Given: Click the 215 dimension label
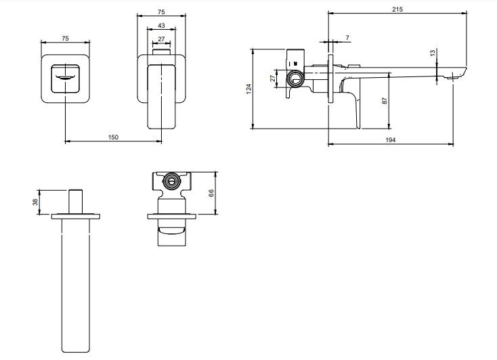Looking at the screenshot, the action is pyautogui.click(x=397, y=9).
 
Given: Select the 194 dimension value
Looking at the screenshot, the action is pyautogui.click(x=391, y=140).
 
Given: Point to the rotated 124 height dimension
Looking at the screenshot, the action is pyautogui.click(x=248, y=89).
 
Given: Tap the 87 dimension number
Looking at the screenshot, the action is pyautogui.click(x=385, y=101).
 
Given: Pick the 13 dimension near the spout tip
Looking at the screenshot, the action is pyautogui.click(x=433, y=53).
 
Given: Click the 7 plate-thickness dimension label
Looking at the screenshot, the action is pyautogui.click(x=347, y=38).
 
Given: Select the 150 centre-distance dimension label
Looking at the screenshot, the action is pyautogui.click(x=113, y=137).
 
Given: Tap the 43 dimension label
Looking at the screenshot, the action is pyautogui.click(x=161, y=25).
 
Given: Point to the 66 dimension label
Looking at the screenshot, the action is pyautogui.click(x=211, y=193).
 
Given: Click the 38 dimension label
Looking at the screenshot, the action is pyautogui.click(x=35, y=202).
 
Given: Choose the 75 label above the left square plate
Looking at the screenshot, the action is pyautogui.click(x=65, y=39).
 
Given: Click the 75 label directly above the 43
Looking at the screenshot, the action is pyautogui.click(x=161, y=12).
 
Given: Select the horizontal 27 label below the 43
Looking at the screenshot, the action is pyautogui.click(x=161, y=39).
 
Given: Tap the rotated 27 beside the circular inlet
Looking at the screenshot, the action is pyautogui.click(x=273, y=78).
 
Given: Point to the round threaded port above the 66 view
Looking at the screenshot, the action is pyautogui.click(x=171, y=181).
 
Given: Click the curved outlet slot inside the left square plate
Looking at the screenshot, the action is pyautogui.click(x=65, y=77).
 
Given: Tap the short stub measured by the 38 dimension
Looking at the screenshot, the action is pyautogui.click(x=76, y=202).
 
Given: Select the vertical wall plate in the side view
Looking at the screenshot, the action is pyautogui.click(x=330, y=78).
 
